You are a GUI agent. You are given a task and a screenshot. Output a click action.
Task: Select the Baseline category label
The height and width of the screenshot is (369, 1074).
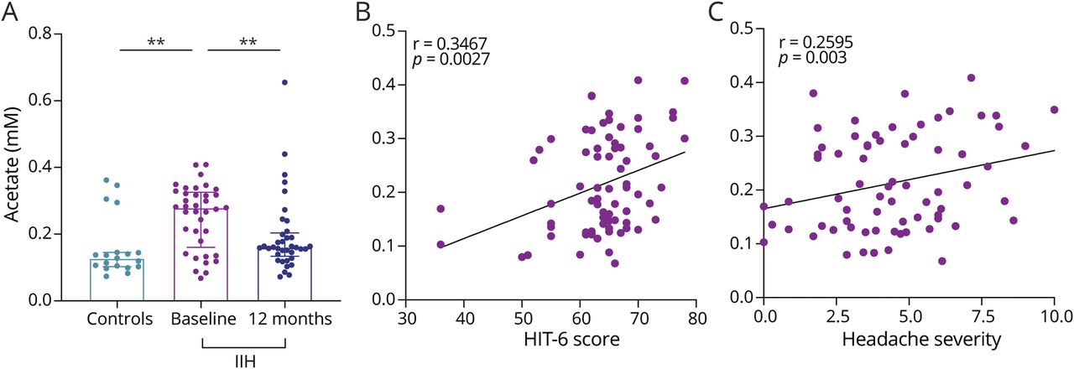tap(201, 320)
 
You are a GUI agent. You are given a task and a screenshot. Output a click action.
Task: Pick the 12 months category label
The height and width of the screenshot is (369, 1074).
tap(286, 320)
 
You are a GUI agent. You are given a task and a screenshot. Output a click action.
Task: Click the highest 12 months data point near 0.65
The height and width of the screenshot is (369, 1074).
tap(285, 82)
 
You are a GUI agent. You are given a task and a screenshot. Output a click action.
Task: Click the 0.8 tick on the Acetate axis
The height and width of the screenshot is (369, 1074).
tap(61, 34)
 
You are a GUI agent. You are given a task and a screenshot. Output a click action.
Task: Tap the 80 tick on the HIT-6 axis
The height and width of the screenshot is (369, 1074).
tap(696, 320)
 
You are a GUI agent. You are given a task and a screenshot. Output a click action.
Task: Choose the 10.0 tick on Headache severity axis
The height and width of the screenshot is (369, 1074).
tap(1054, 320)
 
